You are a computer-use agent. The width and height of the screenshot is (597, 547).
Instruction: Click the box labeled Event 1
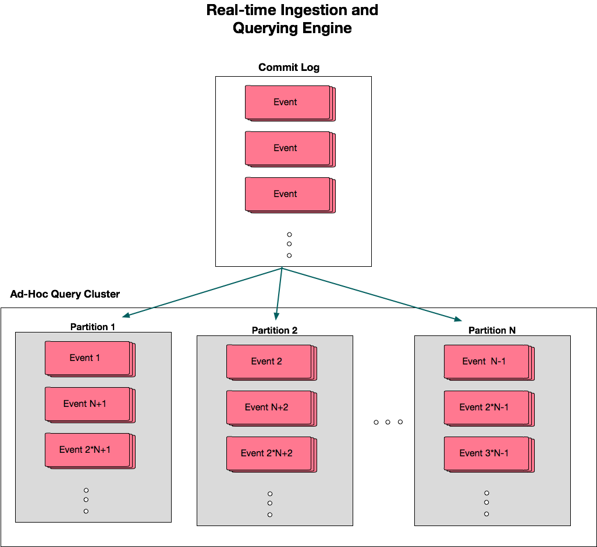coord(88,359)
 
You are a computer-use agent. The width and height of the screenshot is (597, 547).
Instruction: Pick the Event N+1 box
coord(88,405)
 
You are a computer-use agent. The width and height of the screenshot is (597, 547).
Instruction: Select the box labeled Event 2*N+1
coord(88,451)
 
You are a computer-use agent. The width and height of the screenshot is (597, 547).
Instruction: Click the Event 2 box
coord(269,362)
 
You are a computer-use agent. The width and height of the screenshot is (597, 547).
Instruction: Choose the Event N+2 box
coord(269,408)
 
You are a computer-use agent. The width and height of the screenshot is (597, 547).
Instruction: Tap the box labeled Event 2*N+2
coord(269,454)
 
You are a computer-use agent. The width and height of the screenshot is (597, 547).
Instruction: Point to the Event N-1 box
coord(487,362)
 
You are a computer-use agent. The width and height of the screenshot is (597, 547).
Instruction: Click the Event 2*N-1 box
coord(487,408)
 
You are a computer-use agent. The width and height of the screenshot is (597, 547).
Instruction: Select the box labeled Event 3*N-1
coord(487,454)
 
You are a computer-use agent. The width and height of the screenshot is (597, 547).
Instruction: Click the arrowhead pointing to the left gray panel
coord(125,316)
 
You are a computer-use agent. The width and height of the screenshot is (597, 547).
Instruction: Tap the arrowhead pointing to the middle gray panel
coord(277,317)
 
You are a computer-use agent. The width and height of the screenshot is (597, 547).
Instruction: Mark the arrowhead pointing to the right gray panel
coord(459,319)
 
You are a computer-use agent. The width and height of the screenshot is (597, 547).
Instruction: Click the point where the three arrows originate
coord(282,268)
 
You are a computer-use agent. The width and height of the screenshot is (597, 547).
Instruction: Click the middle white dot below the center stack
coord(289,245)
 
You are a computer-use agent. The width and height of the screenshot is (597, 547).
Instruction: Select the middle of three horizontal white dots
coord(388,423)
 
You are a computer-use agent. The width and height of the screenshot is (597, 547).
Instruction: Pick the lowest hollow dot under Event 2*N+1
coord(86,511)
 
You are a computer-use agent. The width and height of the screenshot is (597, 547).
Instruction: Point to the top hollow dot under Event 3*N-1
coord(486,493)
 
